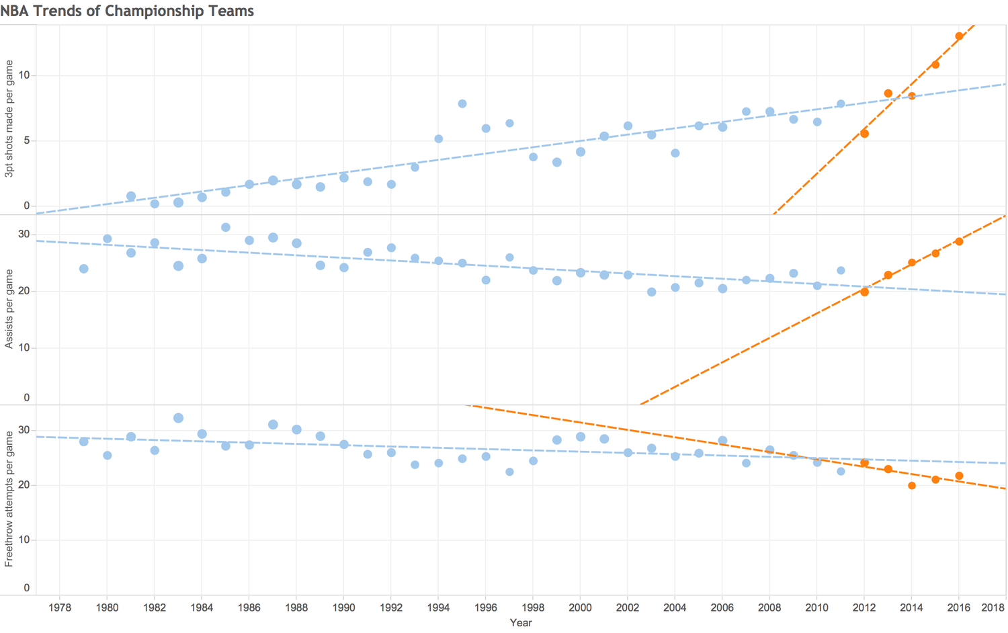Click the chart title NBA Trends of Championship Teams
click(x=127, y=10)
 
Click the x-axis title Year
click(x=521, y=623)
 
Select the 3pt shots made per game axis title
click(x=9, y=119)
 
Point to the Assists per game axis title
click(x=9, y=309)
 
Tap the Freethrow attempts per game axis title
click(x=9, y=499)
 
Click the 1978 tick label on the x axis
click(x=60, y=608)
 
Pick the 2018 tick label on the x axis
click(x=993, y=608)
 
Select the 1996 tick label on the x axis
click(x=486, y=608)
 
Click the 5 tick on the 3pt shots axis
click(x=27, y=140)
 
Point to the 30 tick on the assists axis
click(x=24, y=234)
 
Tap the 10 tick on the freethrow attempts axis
click(x=24, y=540)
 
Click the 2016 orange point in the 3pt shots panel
click(x=959, y=36)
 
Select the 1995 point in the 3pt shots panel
click(x=462, y=104)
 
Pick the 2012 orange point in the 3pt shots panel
click(x=864, y=134)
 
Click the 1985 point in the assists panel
click(x=226, y=228)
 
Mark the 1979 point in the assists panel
click(x=84, y=269)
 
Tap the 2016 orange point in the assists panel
click(x=959, y=242)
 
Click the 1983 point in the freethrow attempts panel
click(x=178, y=419)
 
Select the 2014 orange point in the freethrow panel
click(x=912, y=486)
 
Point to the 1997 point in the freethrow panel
click(x=509, y=472)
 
